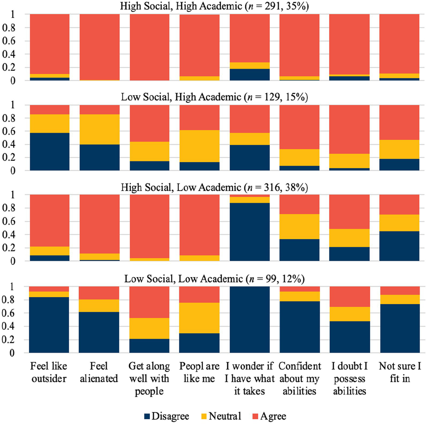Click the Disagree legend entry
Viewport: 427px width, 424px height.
point(167,416)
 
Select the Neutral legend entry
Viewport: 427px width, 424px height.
point(221,416)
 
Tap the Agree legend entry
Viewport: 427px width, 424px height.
point(269,416)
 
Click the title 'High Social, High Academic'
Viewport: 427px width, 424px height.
point(181,6)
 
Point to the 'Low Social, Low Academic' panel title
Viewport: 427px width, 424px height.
point(184,279)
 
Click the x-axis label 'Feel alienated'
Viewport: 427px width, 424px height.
point(99,372)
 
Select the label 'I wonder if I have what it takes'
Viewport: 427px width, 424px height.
point(250,378)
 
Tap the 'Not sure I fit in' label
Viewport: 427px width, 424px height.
point(400,372)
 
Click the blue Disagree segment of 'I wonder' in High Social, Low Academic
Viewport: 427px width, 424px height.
point(250,232)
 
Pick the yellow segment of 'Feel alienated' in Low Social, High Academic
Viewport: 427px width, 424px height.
point(100,129)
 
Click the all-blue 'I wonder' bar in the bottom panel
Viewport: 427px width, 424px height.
point(250,320)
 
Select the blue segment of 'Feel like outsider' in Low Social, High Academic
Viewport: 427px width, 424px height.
point(50,152)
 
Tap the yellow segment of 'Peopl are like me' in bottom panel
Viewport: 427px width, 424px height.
point(199,318)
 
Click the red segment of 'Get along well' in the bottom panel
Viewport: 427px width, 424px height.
point(149,302)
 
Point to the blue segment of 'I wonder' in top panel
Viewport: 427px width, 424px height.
point(250,74)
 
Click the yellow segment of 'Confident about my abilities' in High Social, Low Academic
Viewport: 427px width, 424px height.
point(299,226)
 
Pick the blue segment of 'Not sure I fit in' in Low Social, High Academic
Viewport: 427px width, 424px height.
point(399,164)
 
